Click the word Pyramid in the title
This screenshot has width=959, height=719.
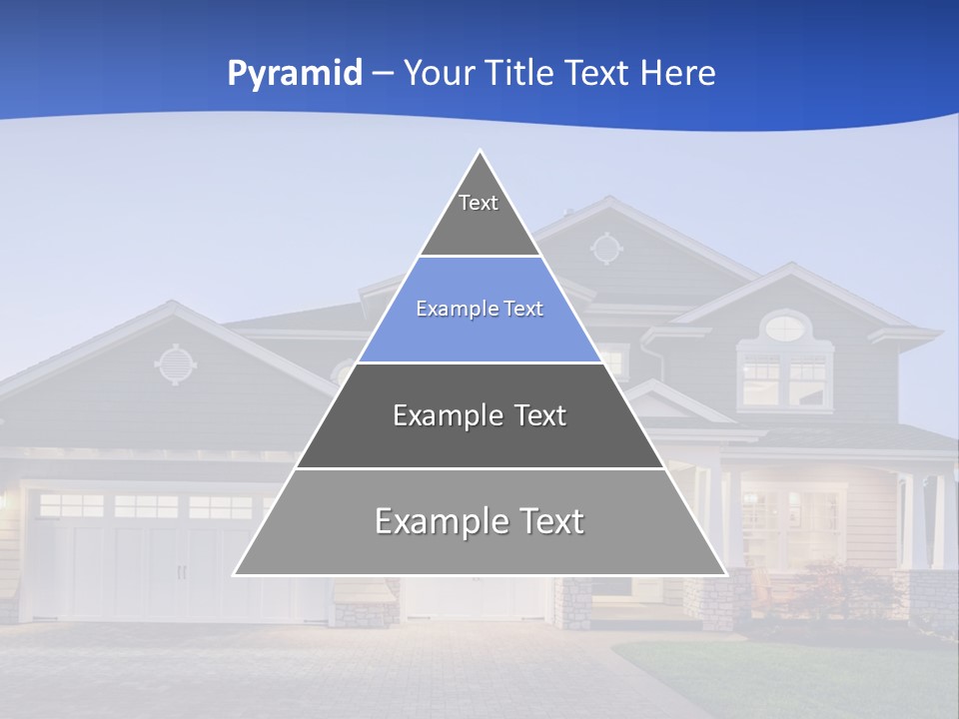[295, 74]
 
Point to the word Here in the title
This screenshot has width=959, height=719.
[678, 74]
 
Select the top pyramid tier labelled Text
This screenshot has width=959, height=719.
[479, 215]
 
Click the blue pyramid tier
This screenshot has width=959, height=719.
[479, 310]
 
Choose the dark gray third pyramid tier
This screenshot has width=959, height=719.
[479, 415]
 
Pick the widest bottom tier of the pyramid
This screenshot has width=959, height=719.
[479, 521]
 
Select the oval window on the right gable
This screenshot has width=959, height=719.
[785, 326]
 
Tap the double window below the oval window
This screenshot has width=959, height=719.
[785, 380]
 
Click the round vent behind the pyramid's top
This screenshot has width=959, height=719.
[605, 248]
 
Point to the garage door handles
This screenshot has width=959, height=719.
[181, 572]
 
